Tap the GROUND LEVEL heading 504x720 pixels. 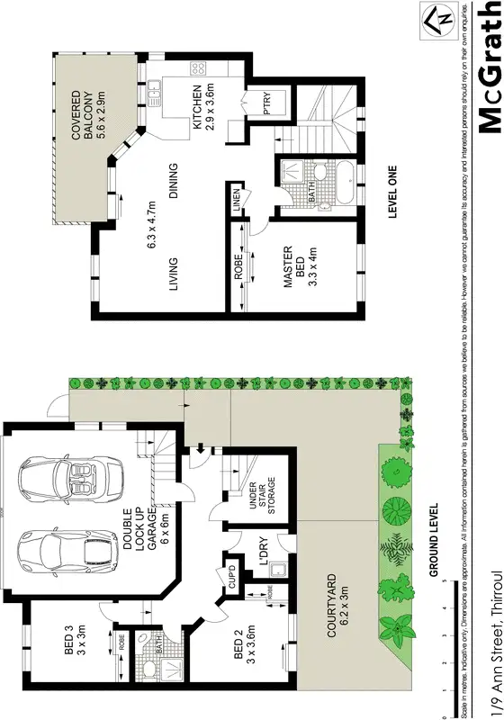point(433,540)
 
